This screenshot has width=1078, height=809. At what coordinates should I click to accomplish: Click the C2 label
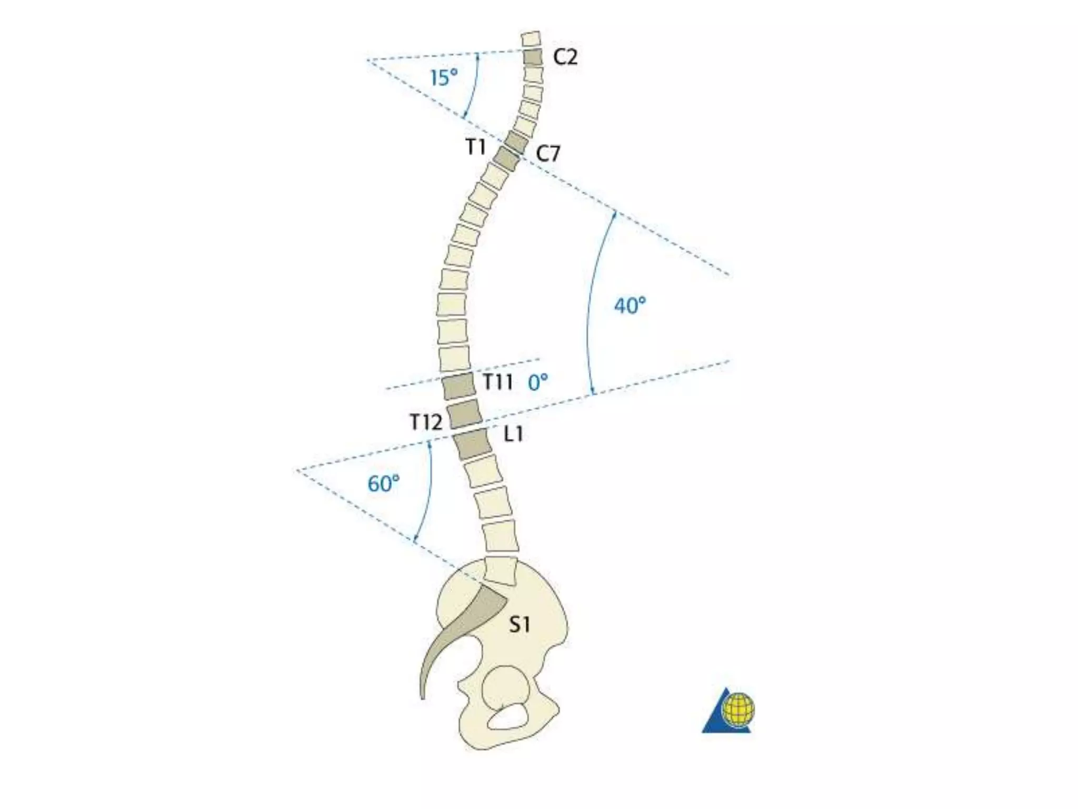[565, 57]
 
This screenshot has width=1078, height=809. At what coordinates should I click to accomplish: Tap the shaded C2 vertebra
[533, 57]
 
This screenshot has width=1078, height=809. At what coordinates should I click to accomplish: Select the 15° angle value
[444, 78]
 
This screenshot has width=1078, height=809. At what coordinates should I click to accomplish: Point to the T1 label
[476, 147]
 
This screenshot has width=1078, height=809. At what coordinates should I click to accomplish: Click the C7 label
[548, 154]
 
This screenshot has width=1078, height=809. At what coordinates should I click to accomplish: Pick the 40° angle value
[630, 305]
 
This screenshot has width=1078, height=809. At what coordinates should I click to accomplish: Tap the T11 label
[497, 381]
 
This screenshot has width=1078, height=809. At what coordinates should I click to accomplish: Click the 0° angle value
[538, 382]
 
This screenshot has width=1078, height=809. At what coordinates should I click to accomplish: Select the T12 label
[426, 421]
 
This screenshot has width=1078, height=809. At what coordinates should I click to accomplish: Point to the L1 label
[514, 434]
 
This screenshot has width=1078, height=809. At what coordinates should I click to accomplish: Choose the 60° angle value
[383, 484]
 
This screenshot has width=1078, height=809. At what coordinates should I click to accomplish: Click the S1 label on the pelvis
[519, 625]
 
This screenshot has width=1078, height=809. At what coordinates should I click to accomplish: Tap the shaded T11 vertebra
[458, 386]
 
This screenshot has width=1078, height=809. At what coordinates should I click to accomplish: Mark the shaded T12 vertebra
[465, 413]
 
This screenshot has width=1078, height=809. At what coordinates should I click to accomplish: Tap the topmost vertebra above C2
[531, 40]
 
